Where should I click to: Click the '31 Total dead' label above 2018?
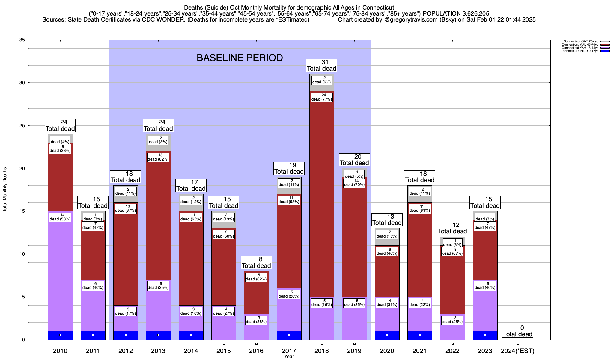pos(322,65)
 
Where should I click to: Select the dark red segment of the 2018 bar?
pos(322,195)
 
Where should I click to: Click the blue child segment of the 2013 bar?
pos(158,335)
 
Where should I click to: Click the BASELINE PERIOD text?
pos(240,58)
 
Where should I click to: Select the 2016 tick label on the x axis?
pos(256,351)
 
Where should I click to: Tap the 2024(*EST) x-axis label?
pos(518,351)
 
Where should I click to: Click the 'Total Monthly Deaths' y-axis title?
pos(5,190)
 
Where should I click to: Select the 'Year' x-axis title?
pos(289,357)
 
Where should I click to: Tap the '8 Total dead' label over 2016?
pos(256,262)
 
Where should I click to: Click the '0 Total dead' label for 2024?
pos(518,331)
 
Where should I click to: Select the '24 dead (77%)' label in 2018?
pos(322,97)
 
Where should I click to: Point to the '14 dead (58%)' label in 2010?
pos(60,217)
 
